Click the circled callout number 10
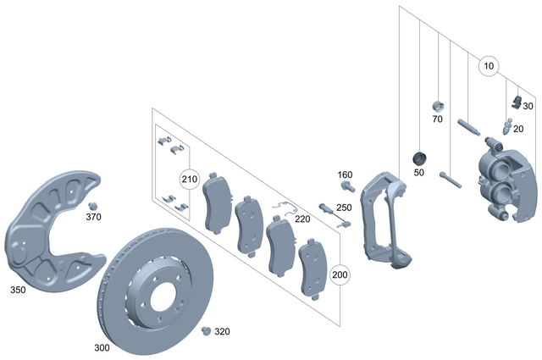pyautogui.click(x=488, y=65)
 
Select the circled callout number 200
pyautogui.click(x=340, y=275)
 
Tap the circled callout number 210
pyautogui.click(x=190, y=180)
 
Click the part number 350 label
pyautogui.click(x=17, y=290)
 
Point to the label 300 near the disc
pyautogui.click(x=101, y=347)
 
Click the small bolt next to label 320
pyautogui.click(x=204, y=331)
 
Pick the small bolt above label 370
pyautogui.click(x=93, y=206)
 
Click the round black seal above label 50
pyautogui.click(x=418, y=158)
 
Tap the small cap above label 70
pyautogui.click(x=438, y=106)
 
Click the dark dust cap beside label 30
pyautogui.click(x=517, y=102)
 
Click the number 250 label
pyautogui.click(x=343, y=208)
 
